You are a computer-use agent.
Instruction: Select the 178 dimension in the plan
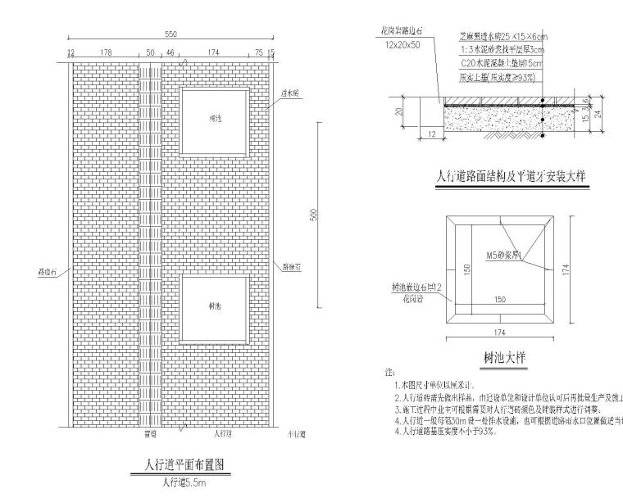click(106, 52)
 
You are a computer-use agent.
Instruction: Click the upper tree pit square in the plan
click(214, 120)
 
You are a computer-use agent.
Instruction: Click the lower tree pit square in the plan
click(214, 308)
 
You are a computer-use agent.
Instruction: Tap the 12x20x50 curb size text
click(402, 45)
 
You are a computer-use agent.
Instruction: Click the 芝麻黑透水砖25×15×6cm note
click(502, 37)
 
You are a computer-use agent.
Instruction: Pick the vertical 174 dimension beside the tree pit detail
click(566, 269)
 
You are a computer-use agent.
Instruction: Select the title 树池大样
click(502, 358)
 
